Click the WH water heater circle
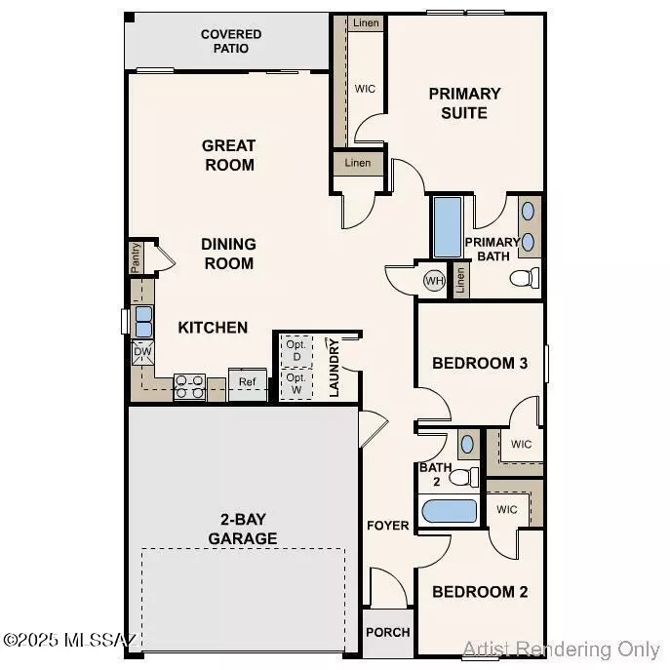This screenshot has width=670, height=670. coord(433,281)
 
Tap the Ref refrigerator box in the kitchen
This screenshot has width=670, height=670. coord(248,381)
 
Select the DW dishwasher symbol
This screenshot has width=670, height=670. coord(142,352)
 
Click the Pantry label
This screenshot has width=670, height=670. coord(136,258)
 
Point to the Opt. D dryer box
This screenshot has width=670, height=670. coord(296,349)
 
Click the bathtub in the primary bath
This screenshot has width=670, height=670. coord(448,226)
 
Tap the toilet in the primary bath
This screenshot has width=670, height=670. coord(525,278)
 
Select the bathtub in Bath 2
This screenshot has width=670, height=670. coord(448,511)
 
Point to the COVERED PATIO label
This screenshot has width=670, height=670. coord(231,41)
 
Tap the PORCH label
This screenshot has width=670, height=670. coord(387,632)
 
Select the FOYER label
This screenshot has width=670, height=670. coord(387,526)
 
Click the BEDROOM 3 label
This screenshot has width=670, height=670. coord(480,363)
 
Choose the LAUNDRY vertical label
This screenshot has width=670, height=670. coord(334,368)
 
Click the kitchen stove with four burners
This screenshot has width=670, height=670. coord(188,388)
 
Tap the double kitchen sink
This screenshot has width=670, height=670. coord(143,314)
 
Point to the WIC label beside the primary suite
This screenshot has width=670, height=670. coord(365,89)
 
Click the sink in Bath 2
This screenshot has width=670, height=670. coord(466,443)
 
